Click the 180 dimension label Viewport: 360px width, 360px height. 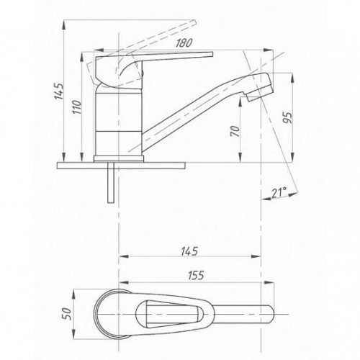click(x=184, y=43)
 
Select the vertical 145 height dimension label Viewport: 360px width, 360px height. click(x=58, y=91)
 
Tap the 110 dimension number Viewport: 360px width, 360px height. click(x=77, y=107)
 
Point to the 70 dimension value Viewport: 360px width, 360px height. click(x=235, y=131)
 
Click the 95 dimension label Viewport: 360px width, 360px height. click(x=287, y=117)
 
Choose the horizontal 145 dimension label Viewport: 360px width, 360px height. click(x=189, y=251)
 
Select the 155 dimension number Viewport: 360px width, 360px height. click(x=196, y=276)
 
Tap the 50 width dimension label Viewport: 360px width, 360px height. click(x=67, y=313)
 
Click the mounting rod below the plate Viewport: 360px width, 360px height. click(x=111, y=182)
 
